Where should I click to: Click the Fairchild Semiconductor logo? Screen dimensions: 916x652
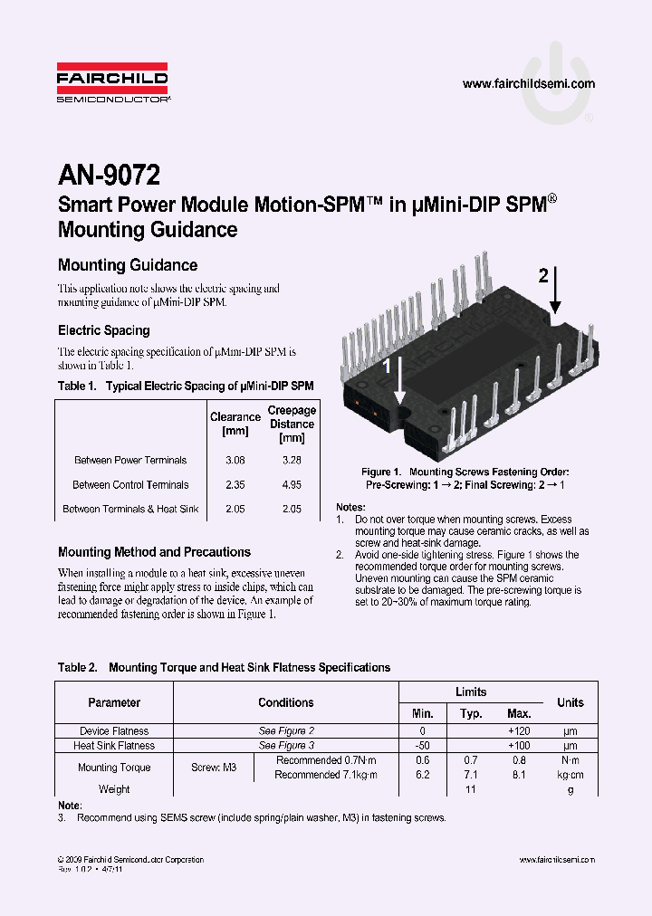(112, 84)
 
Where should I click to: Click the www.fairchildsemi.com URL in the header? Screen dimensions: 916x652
(528, 84)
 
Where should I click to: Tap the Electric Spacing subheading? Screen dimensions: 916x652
(103, 330)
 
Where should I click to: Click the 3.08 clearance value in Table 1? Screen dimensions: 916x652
(235, 461)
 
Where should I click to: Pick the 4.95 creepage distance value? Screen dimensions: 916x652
(292, 485)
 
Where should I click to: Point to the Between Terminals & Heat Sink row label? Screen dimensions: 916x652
(130, 510)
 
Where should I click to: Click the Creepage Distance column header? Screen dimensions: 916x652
(292, 424)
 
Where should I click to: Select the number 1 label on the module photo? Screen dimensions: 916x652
(387, 366)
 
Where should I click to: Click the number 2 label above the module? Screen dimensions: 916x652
(543, 276)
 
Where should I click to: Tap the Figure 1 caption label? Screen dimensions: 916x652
(381, 472)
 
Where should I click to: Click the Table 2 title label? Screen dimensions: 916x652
(77, 668)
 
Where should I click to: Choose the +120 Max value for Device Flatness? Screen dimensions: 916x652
(519, 731)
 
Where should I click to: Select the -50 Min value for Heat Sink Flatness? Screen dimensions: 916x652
(422, 746)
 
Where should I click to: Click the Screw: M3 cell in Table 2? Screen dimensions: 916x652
(214, 768)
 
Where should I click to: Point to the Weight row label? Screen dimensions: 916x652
(114, 789)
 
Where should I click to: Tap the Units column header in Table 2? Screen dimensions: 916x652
(570, 702)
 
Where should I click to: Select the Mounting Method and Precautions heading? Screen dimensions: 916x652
(154, 552)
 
